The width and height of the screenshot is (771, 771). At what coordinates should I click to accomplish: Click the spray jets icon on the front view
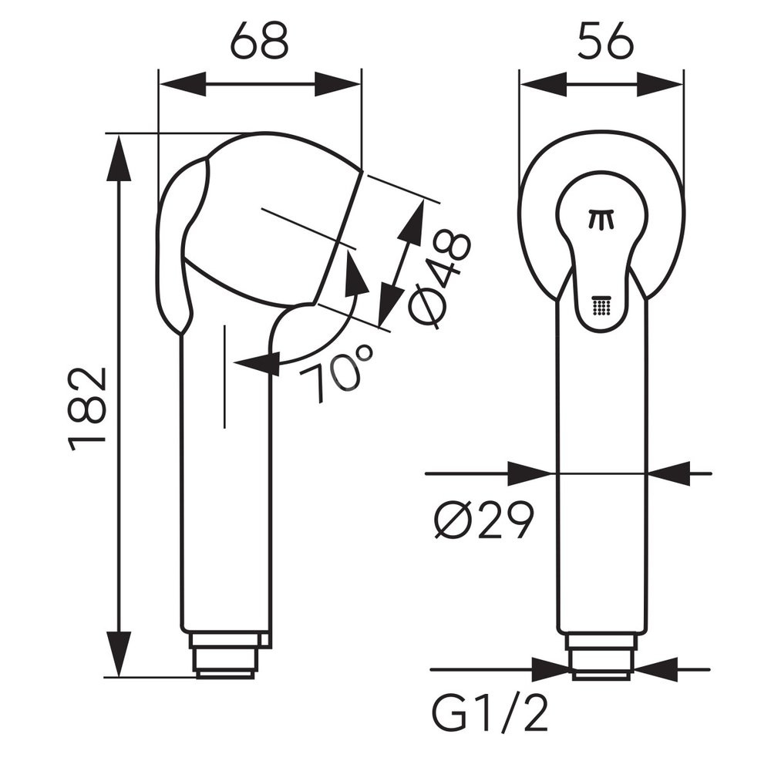tap(602, 220)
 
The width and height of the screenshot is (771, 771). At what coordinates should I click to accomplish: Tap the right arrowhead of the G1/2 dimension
tap(655, 669)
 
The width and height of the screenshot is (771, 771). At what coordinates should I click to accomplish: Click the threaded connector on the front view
tap(601, 655)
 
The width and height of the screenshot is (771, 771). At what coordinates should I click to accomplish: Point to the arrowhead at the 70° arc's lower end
tap(258, 363)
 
